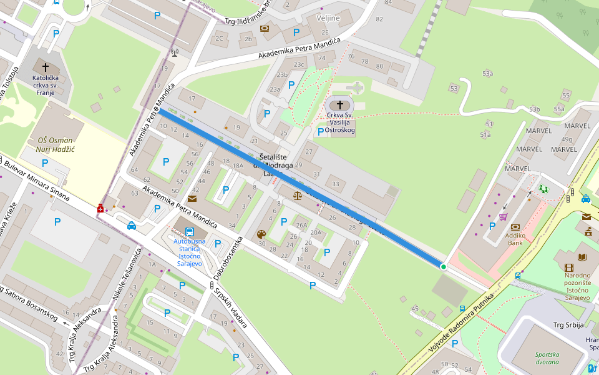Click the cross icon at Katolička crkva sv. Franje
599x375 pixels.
pyautogui.click(x=45, y=66)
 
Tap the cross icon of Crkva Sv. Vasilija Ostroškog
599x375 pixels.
pyautogui.click(x=340, y=104)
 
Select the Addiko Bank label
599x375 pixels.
pyautogui.click(x=515, y=239)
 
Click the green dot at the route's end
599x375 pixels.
pyautogui.click(x=444, y=267)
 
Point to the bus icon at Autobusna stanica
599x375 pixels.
pyautogui.click(x=190, y=231)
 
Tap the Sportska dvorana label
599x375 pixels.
pyautogui.click(x=547, y=357)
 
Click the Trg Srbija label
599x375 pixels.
pyautogui.click(x=568, y=325)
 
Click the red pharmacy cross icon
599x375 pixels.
pyautogui.click(x=100, y=208)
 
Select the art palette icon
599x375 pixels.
pyautogui.click(x=261, y=234)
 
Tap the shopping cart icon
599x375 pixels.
pyautogui.click(x=503, y=217)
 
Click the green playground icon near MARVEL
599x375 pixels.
pyautogui.click(x=543, y=188)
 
